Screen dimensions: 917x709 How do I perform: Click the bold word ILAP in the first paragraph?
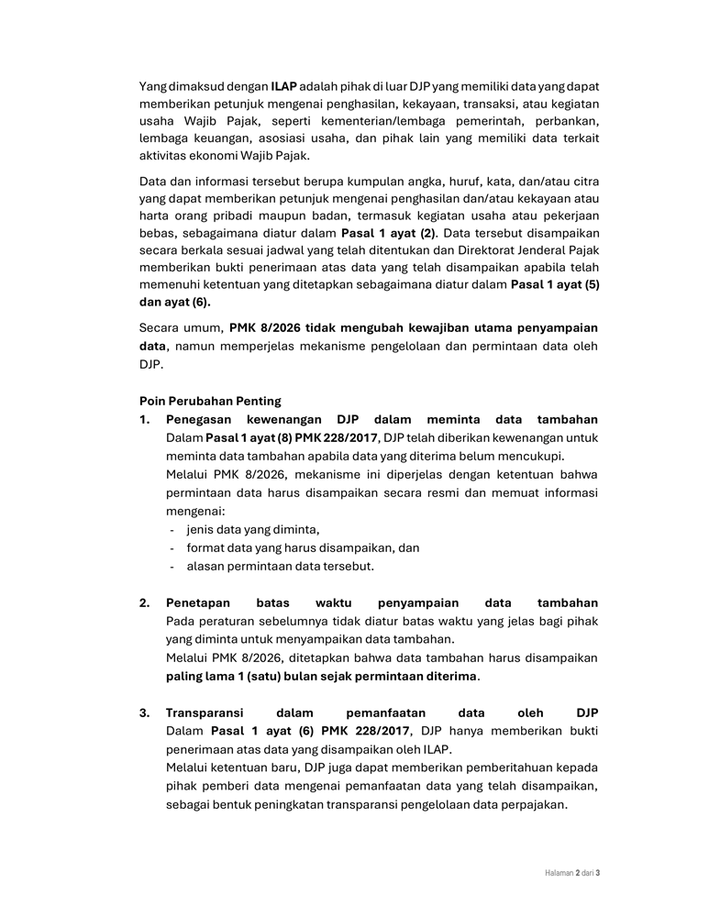tap(284, 86)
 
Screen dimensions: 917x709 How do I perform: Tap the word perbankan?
tap(566, 121)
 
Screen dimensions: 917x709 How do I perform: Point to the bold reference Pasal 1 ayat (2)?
tap(388, 233)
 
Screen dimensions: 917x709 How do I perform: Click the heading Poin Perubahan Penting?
tap(210, 401)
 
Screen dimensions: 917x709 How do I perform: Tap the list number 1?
tap(145, 419)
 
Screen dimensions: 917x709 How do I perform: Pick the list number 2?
tap(145, 602)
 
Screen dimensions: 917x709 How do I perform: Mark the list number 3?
tap(145, 713)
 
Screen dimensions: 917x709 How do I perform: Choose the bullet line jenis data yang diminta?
tap(253, 529)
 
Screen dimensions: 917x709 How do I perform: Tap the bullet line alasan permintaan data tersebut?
tap(280, 566)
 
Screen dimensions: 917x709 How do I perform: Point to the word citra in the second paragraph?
tap(584, 181)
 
